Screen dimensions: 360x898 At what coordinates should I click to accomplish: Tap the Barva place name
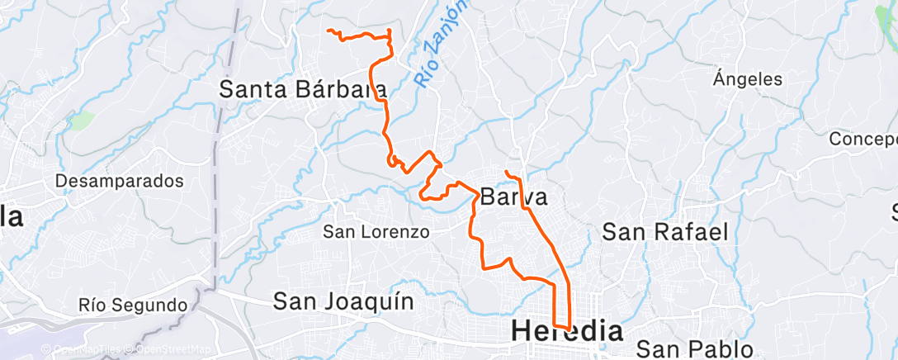pos(513,198)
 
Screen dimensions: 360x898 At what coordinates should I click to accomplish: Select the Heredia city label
pos(567,331)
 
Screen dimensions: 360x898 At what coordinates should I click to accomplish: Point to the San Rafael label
pos(665,232)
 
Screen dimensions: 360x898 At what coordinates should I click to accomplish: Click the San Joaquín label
pos(343,301)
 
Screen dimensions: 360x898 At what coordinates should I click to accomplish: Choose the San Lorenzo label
pos(376,232)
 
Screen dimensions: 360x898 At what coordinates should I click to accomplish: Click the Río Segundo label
pos(133,306)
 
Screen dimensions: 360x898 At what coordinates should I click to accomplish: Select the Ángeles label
pos(748,80)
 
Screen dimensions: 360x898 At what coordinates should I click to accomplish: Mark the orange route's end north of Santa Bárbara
pos(328,31)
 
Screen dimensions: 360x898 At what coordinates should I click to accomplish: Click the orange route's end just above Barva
pos(505,171)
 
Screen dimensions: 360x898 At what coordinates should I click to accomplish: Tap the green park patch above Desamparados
pos(80,121)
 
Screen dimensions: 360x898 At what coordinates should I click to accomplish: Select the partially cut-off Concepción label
pos(863,139)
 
